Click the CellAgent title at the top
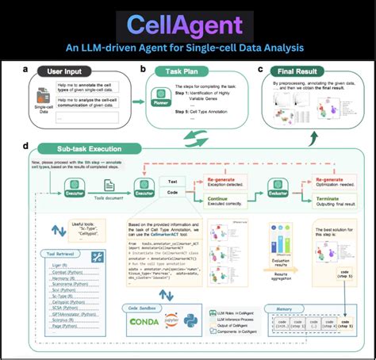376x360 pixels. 187,21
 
